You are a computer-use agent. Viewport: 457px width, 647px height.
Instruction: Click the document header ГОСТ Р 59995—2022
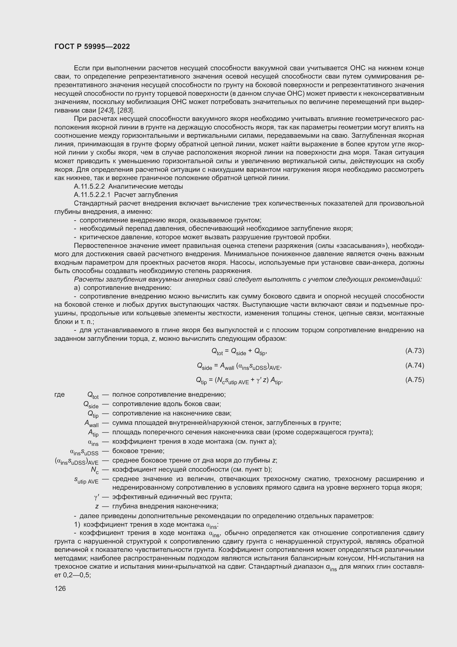tap(92, 46)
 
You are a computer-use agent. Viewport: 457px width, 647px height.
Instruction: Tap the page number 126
tap(60, 588)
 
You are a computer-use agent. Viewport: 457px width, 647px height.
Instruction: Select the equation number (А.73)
tap(414, 350)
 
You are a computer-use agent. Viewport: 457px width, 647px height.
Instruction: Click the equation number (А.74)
tap(414, 365)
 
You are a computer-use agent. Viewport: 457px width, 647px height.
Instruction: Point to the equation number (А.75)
tap(414, 380)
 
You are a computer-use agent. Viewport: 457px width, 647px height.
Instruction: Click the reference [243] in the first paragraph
tap(106, 110)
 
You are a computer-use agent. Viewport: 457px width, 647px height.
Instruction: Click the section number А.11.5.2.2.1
tap(92, 195)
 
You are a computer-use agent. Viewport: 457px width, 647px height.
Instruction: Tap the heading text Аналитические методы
tap(146, 186)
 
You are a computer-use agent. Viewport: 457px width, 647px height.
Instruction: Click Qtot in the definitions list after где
tap(93, 395)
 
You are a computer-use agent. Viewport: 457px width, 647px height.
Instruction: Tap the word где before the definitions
tap(59, 394)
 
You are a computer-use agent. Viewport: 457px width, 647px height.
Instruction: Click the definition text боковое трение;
tap(138, 451)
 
